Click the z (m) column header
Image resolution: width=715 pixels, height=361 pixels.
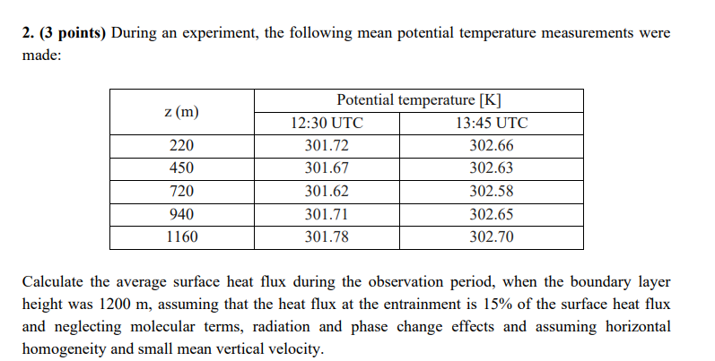[181, 111]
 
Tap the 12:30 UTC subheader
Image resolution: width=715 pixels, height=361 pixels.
[327, 124]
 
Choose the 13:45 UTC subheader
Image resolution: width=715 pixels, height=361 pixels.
[492, 124]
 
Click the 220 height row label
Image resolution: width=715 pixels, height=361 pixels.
[181, 146]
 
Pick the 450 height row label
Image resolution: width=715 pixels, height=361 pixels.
[181, 168]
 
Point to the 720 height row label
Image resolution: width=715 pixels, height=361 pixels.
[181, 191]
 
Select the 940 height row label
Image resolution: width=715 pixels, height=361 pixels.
[181, 214]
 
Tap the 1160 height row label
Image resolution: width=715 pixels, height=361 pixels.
[181, 236]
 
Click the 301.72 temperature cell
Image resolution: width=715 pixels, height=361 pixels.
[327, 146]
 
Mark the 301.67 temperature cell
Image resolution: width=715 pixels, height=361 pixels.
[327, 168]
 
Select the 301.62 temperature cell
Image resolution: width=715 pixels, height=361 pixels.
[327, 191]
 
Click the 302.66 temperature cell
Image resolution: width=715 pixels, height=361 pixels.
[492, 146]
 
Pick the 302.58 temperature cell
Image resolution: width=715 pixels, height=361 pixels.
[492, 191]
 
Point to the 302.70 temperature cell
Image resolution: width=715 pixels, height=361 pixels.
[492, 236]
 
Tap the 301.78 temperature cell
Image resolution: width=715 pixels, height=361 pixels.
[327, 236]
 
